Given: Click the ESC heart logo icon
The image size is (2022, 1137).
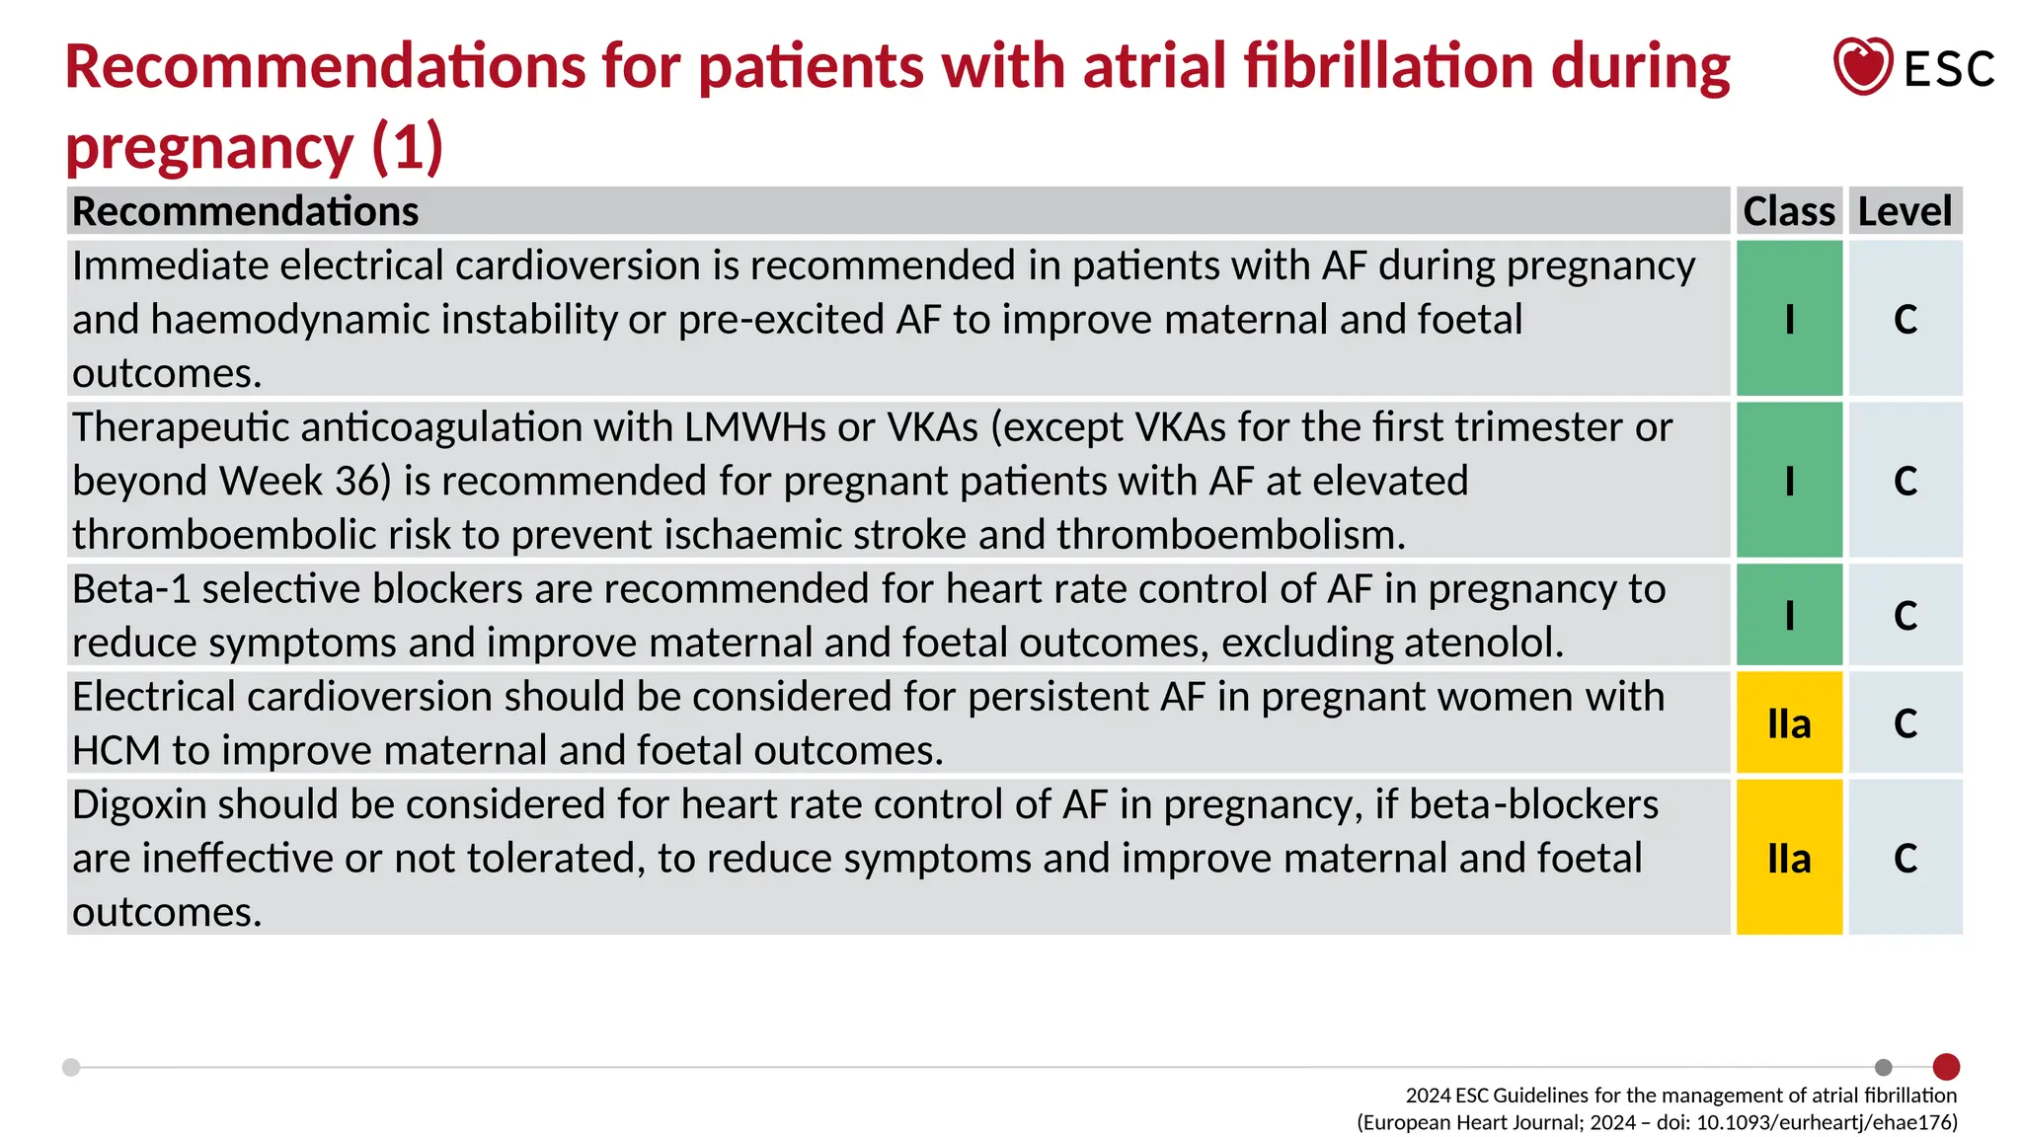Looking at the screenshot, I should (x=1862, y=66).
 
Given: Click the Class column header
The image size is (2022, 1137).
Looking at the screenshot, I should (x=1788, y=211).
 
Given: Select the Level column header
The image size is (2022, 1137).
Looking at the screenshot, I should (x=1905, y=211).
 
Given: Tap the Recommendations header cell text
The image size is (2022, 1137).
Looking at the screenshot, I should (x=245, y=211).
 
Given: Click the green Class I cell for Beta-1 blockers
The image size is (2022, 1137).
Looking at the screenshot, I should (x=1789, y=615).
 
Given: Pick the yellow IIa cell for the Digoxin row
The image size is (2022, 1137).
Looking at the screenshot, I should (x=1789, y=858).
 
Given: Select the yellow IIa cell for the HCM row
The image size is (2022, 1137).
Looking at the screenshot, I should (x=1789, y=723).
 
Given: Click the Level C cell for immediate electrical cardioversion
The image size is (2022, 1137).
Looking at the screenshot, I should (x=1905, y=319).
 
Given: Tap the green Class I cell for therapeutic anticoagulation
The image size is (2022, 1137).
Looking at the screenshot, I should (x=1789, y=481).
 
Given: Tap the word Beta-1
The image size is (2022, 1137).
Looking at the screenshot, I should (x=130, y=589).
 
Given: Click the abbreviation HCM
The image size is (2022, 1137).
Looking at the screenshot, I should (x=116, y=751).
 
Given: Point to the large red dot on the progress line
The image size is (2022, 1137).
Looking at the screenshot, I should (x=1946, y=1066).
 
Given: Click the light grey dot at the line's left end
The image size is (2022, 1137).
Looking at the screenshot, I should (x=71, y=1067).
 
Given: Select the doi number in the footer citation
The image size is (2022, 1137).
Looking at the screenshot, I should (x=1827, y=1122).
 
